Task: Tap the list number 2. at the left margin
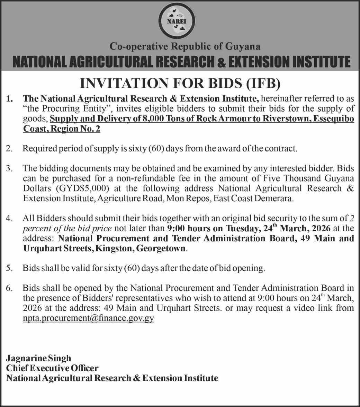point(10,149)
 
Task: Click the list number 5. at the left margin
point(10,268)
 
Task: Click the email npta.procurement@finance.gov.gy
point(89,318)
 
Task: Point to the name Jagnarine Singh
point(38,358)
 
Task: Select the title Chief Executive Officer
point(52,368)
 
